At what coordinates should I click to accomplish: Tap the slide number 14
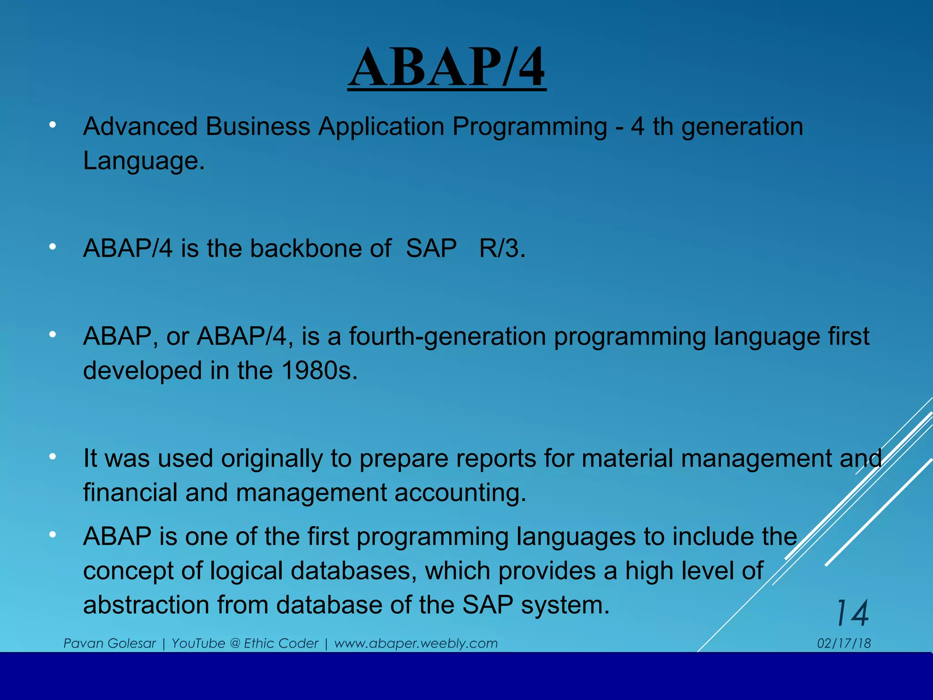(852, 613)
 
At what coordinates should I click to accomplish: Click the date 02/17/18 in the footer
(844, 643)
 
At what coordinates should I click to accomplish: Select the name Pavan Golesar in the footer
(109, 643)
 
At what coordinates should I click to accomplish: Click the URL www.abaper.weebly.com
(415, 643)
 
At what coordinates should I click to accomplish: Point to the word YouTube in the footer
(198, 643)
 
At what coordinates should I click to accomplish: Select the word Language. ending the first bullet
(144, 161)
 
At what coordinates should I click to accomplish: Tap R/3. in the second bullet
(502, 249)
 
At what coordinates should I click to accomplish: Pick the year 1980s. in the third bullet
(319, 371)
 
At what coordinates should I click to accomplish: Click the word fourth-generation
(447, 337)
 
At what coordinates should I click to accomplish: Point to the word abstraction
(146, 605)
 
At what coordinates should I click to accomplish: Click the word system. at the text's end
(565, 605)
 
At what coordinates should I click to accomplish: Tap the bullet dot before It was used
(53, 456)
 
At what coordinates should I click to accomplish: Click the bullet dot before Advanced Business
(53, 124)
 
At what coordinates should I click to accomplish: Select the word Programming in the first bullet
(529, 127)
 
